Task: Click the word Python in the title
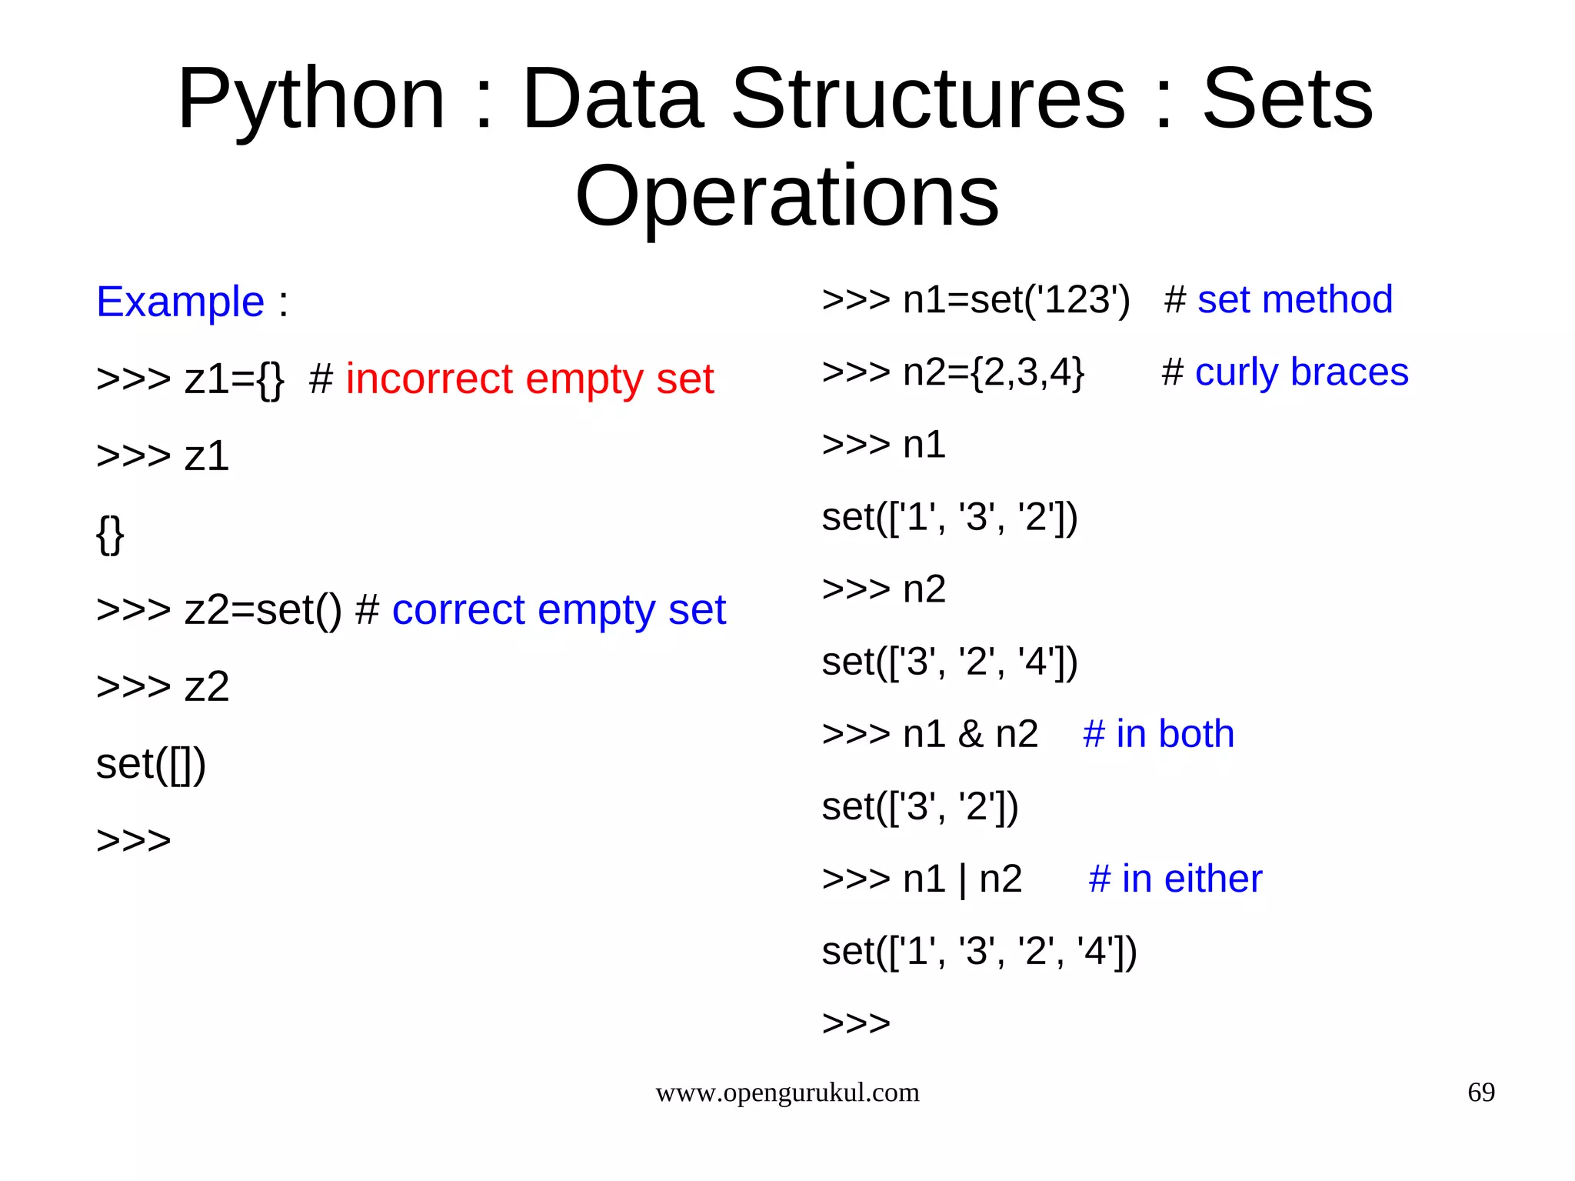(311, 100)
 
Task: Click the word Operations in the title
(787, 197)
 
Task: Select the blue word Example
(180, 302)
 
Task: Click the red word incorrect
(428, 379)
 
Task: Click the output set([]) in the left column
(151, 764)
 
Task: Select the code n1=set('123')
(1016, 300)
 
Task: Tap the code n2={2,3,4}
(993, 372)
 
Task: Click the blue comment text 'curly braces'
(1301, 372)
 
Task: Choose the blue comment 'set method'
(1294, 300)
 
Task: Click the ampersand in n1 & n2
(971, 734)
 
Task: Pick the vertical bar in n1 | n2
(962, 879)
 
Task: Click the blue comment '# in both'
(1158, 734)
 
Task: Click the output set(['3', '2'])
(920, 807)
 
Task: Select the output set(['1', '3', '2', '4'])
(979, 952)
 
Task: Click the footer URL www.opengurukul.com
(787, 1093)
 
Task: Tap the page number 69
(1480, 1093)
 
